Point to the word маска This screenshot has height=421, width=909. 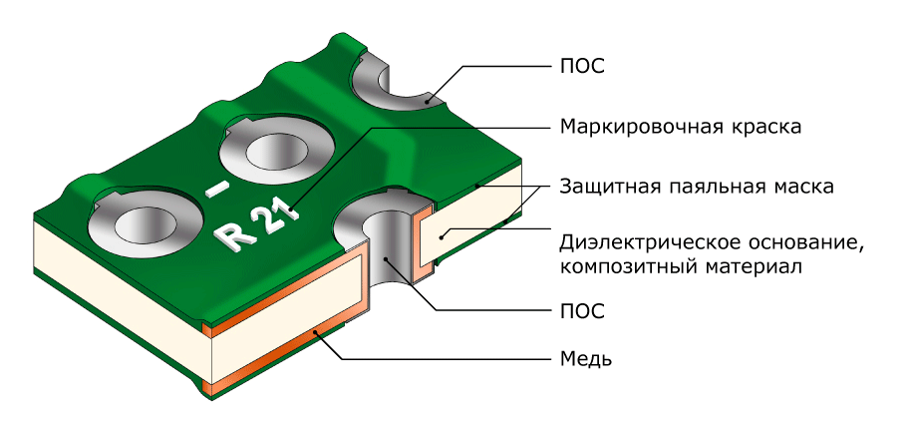802,187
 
